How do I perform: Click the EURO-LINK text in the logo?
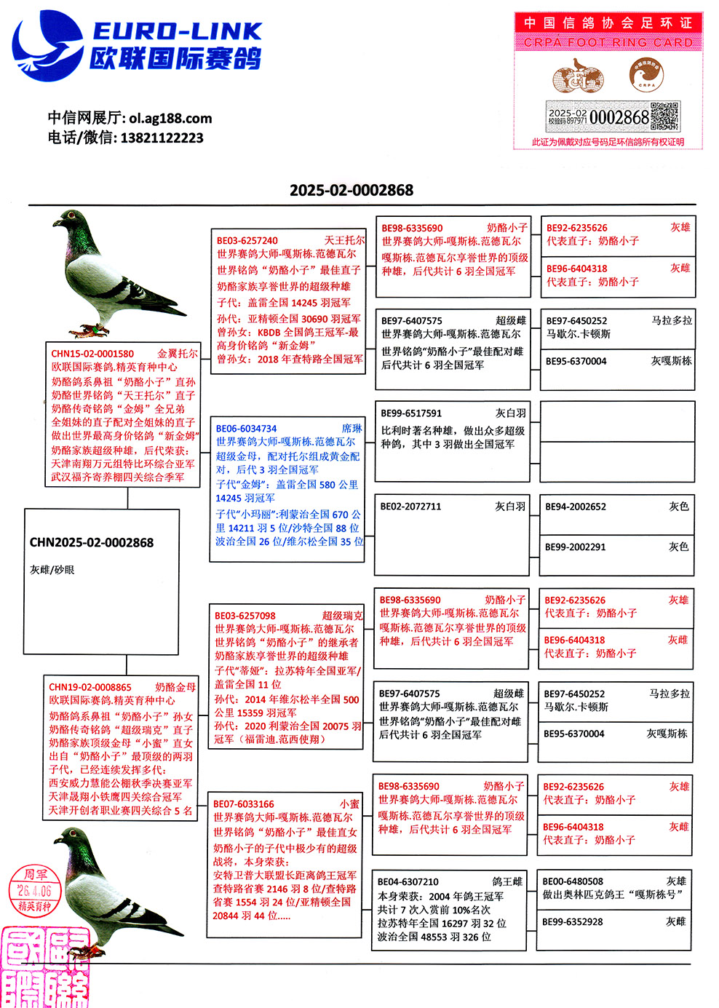(177, 31)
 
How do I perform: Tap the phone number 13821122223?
(162, 138)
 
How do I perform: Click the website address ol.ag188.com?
(170, 118)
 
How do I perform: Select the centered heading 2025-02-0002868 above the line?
(351, 190)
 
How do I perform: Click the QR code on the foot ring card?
(664, 116)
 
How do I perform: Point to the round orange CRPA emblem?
(646, 75)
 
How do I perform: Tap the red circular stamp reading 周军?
(35, 889)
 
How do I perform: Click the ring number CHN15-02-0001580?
(92, 354)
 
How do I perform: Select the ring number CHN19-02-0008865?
(90, 687)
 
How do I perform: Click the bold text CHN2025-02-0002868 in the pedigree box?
(92, 542)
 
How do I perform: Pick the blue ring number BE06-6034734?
(246, 429)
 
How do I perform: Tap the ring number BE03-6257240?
(247, 240)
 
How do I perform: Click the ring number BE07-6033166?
(244, 804)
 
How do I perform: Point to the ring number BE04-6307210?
(408, 881)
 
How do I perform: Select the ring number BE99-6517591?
(411, 413)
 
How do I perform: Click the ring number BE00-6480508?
(573, 881)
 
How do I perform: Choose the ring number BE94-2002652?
(576, 507)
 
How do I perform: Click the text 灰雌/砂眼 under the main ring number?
(52, 570)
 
